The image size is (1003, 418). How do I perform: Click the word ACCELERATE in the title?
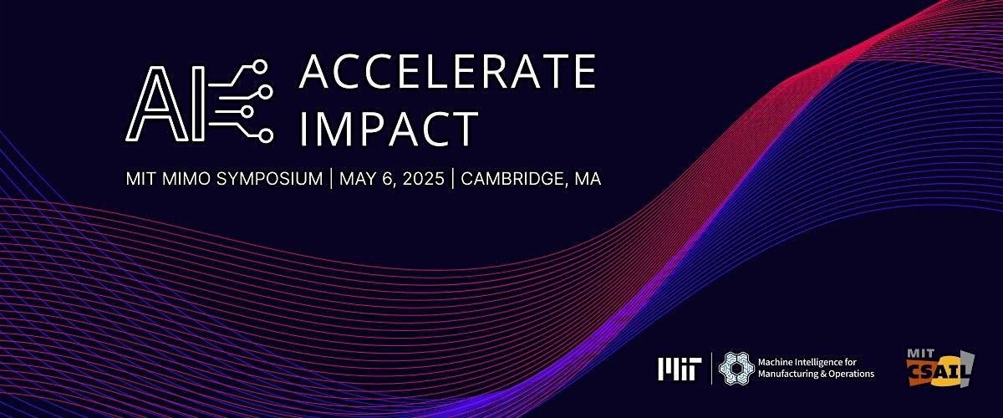click(x=448, y=71)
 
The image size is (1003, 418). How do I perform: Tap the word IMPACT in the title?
click(x=389, y=128)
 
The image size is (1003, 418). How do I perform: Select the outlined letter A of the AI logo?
click(x=157, y=104)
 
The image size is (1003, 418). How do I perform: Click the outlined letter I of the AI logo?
click(x=198, y=104)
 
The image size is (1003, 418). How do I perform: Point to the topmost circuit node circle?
click(x=259, y=67)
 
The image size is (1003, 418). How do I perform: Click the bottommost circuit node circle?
click(x=266, y=135)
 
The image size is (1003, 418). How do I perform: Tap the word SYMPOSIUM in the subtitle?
click(x=269, y=179)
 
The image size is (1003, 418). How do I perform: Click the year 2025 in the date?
click(x=423, y=179)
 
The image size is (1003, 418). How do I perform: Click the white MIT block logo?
click(x=680, y=370)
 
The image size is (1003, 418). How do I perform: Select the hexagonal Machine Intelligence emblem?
click(x=736, y=369)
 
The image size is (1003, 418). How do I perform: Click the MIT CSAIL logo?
click(x=940, y=368)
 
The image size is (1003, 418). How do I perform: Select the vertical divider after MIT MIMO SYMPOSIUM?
click(x=331, y=179)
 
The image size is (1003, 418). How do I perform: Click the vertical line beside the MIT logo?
click(x=711, y=369)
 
